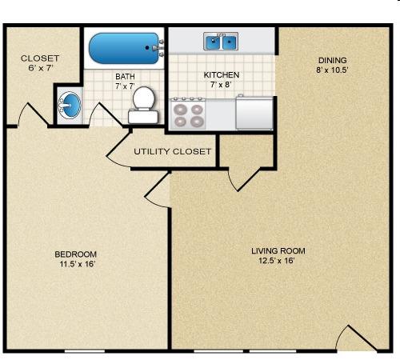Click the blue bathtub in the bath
(x=123, y=48)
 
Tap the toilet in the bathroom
(x=143, y=106)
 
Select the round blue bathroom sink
(x=70, y=105)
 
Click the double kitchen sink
(x=221, y=42)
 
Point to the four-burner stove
(x=188, y=114)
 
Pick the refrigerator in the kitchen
(x=254, y=113)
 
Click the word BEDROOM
(x=75, y=254)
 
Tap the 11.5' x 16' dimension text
(x=78, y=264)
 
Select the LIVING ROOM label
(x=278, y=251)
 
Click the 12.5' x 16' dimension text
(x=277, y=260)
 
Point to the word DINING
(x=333, y=60)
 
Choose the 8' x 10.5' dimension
(x=333, y=70)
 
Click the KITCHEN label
(x=222, y=75)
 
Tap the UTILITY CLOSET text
(x=172, y=151)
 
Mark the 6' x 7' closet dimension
(x=41, y=68)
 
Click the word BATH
(x=125, y=77)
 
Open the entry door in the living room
(x=357, y=338)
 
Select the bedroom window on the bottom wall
(x=85, y=351)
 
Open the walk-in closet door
(x=34, y=114)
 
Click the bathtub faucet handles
(x=162, y=48)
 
